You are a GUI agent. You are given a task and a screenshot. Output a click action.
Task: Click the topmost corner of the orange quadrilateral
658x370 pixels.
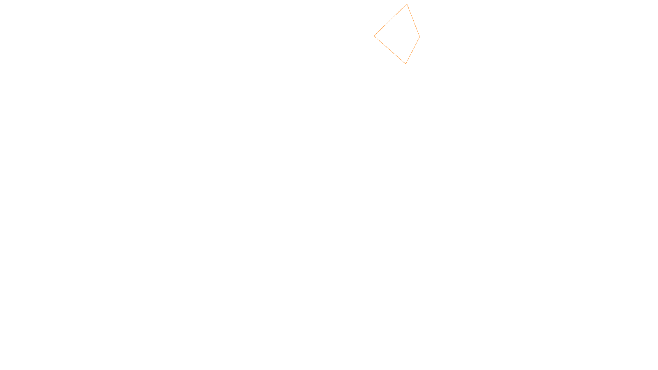pyautogui.click(x=407, y=4)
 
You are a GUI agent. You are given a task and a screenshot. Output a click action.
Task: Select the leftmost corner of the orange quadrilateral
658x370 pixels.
pyautogui.click(x=374, y=36)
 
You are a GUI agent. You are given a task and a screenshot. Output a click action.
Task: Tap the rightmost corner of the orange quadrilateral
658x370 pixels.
pyautogui.click(x=419, y=37)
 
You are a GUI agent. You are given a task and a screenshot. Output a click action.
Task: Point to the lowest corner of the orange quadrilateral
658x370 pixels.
pyautogui.click(x=405, y=64)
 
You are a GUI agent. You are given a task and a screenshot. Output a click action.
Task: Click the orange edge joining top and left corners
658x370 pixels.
pyautogui.click(x=391, y=20)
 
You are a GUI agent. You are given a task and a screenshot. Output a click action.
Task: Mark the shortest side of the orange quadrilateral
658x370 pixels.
pyautogui.click(x=412, y=50)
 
